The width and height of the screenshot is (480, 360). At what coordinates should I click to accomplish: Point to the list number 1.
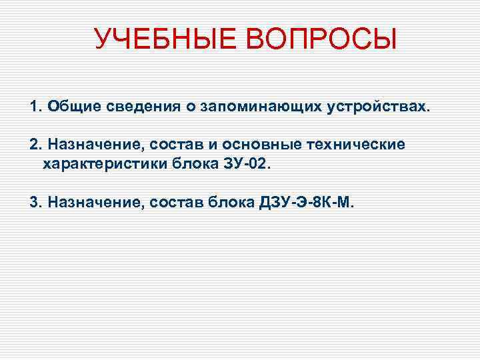34,107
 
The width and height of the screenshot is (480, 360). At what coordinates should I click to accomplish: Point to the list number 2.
34,145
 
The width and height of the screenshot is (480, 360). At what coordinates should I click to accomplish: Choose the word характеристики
107,163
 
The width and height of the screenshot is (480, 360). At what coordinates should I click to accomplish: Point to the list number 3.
34,202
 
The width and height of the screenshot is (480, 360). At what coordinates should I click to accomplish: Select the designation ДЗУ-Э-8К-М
307,202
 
